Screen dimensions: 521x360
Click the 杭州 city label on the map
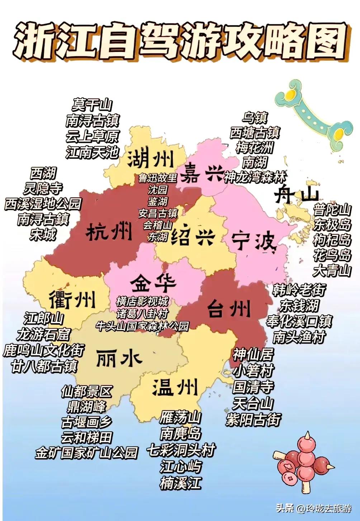(x=109, y=233)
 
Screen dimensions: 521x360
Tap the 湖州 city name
(x=151, y=159)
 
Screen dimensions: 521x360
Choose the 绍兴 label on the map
(x=193, y=236)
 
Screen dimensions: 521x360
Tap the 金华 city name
(x=153, y=283)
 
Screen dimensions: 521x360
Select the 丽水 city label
(x=119, y=358)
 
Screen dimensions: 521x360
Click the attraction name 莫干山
(x=92, y=105)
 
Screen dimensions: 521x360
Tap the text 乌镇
(x=255, y=117)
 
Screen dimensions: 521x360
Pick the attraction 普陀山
(x=332, y=210)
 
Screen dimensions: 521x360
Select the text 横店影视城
(x=142, y=301)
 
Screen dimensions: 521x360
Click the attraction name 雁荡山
(x=180, y=417)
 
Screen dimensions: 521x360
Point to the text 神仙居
(x=253, y=354)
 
